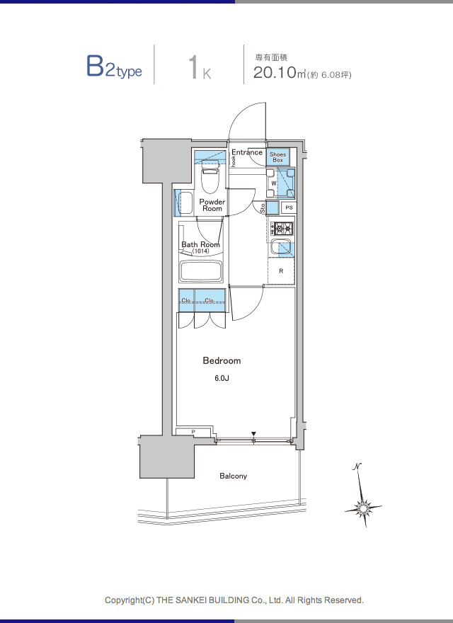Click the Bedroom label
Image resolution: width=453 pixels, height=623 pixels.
click(x=222, y=361)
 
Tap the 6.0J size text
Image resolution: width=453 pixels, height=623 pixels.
click(x=222, y=378)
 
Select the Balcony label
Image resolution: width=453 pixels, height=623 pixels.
click(x=234, y=476)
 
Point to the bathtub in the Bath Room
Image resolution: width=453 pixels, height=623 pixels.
click(x=201, y=271)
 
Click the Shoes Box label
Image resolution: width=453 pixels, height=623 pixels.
click(x=277, y=157)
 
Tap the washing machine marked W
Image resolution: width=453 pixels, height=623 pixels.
click(x=280, y=183)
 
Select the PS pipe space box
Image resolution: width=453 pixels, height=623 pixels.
click(x=289, y=207)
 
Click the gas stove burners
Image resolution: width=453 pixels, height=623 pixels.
click(x=282, y=229)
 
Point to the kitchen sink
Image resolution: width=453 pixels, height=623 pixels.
click(x=281, y=248)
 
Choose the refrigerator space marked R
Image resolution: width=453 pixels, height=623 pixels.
click(x=281, y=271)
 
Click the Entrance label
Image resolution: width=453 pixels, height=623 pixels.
click(x=247, y=152)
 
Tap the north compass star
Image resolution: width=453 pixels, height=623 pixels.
click(x=363, y=507)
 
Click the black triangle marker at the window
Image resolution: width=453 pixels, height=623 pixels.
click(x=253, y=434)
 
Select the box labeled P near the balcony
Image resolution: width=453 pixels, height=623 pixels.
click(x=193, y=432)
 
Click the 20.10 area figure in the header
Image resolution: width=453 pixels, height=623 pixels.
click(x=275, y=72)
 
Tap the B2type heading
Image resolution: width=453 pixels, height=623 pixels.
click(x=114, y=67)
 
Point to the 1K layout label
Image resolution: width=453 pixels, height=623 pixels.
click(x=200, y=68)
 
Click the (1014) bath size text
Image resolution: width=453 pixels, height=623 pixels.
click(x=200, y=251)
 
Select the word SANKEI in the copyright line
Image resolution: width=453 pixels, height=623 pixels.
click(x=192, y=600)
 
